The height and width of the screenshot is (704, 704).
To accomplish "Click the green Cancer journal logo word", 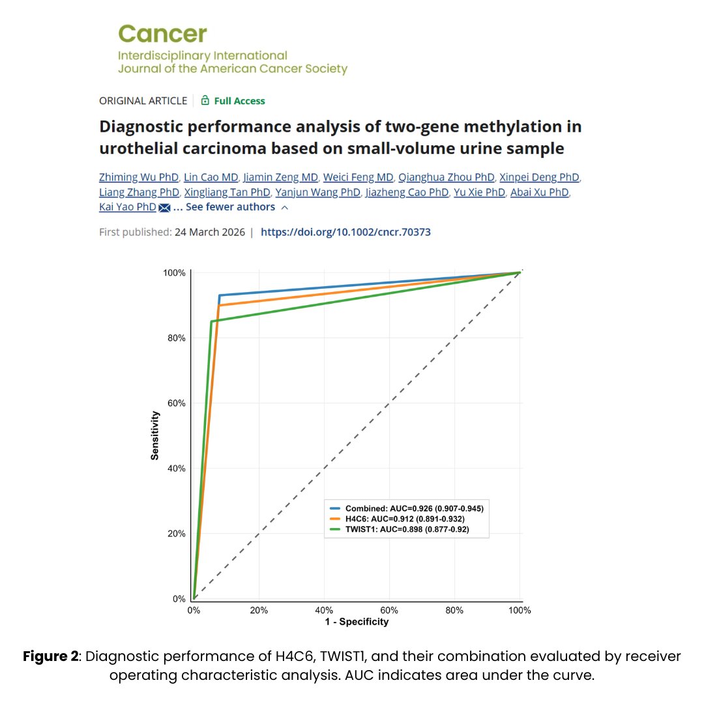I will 162,33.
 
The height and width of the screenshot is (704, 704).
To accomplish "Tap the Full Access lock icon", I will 205,100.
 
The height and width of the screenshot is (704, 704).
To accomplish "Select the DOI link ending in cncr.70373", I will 345,232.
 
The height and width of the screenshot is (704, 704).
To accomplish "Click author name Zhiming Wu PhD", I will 138,177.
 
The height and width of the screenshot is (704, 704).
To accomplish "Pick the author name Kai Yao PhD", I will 128,207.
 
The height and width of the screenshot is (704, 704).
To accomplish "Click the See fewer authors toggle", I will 231,207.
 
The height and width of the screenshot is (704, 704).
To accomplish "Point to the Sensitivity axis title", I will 155,435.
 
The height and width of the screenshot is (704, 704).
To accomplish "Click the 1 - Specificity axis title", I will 357,622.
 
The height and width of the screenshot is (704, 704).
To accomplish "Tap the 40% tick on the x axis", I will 324,610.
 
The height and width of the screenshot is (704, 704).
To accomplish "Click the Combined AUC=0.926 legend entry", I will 407,508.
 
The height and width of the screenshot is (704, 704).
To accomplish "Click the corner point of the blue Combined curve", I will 220,295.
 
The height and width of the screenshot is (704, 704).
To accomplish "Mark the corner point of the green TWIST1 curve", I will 211,321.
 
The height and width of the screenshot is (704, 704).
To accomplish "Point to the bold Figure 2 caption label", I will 50,656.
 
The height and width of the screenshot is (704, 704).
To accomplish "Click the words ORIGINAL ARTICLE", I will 143,101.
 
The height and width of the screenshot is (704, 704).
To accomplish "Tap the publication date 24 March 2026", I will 209,232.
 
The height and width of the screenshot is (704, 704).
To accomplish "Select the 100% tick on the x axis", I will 520,610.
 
